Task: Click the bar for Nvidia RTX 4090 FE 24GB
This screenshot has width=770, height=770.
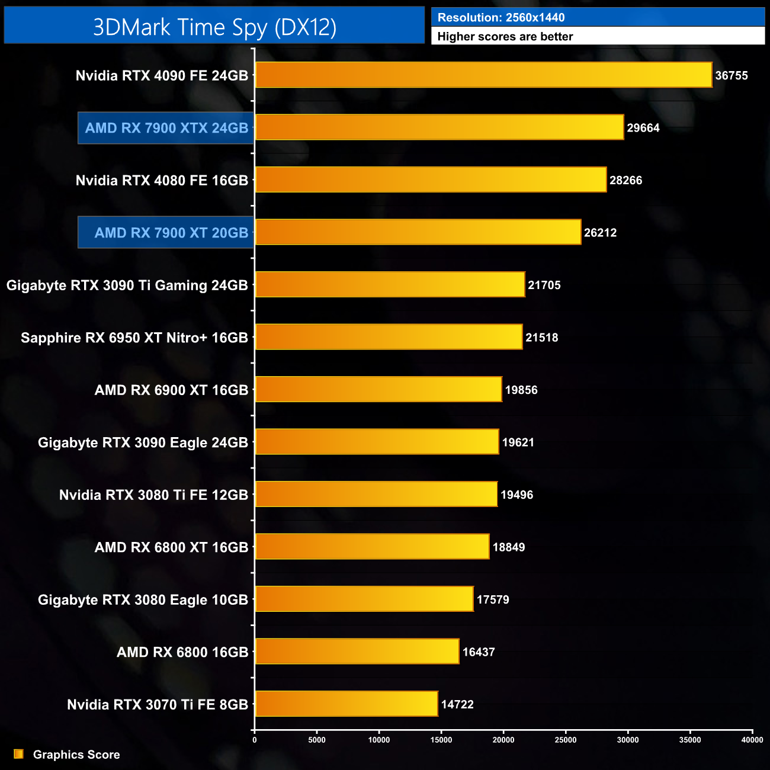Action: (483, 75)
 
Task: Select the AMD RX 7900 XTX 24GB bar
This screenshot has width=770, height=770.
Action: (439, 127)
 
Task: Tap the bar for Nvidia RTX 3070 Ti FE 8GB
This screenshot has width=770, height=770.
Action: (346, 704)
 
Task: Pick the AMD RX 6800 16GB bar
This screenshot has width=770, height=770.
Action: (357, 652)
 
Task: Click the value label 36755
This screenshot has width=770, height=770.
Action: (731, 76)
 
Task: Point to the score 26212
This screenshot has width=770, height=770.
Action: (600, 233)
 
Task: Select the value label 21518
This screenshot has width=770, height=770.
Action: (541, 338)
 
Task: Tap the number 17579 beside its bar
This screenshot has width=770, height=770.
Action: (493, 599)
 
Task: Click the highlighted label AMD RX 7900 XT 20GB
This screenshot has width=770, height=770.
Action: (171, 233)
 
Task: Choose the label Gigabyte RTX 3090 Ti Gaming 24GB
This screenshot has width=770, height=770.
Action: (127, 285)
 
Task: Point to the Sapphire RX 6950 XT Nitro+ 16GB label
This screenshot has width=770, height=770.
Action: (134, 338)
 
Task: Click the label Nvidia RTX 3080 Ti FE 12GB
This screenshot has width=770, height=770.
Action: (153, 495)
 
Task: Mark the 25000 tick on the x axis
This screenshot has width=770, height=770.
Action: (566, 740)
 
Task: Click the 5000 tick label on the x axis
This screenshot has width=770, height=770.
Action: (317, 740)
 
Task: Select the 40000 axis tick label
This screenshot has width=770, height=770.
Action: (752, 740)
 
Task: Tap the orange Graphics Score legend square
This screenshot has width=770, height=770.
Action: (19, 754)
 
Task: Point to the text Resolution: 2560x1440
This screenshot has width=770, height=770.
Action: (501, 18)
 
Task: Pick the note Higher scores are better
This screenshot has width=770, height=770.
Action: (505, 37)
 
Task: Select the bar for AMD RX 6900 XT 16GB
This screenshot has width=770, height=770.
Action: (378, 389)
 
